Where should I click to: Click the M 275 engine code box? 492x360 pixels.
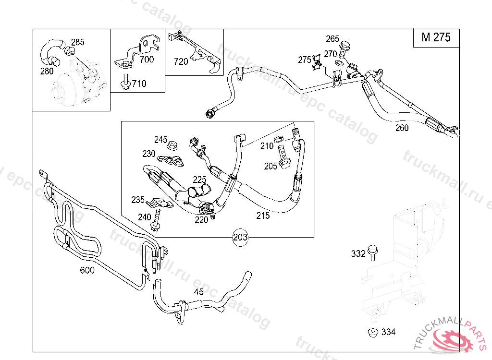pyautogui.click(x=436, y=37)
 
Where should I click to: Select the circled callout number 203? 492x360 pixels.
pyautogui.click(x=240, y=237)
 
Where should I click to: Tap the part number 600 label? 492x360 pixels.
pyautogui.click(x=87, y=270)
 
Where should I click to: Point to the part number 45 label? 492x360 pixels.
pyautogui.click(x=198, y=292)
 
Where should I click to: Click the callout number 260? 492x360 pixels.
pyautogui.click(x=402, y=128)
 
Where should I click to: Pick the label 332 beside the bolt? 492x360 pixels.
pyautogui.click(x=358, y=253)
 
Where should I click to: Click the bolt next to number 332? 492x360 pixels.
pyautogui.click(x=372, y=252)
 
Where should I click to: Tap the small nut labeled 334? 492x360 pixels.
pyautogui.click(x=371, y=332)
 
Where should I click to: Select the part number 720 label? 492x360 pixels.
pyautogui.click(x=181, y=61)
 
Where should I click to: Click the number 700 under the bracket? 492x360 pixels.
pyautogui.click(x=147, y=60)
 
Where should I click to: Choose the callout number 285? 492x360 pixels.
pyautogui.click(x=77, y=42)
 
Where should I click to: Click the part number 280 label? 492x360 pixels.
pyautogui.click(x=47, y=72)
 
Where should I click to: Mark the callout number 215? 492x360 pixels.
pyautogui.click(x=263, y=216)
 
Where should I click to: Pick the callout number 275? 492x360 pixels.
pyautogui.click(x=305, y=60)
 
